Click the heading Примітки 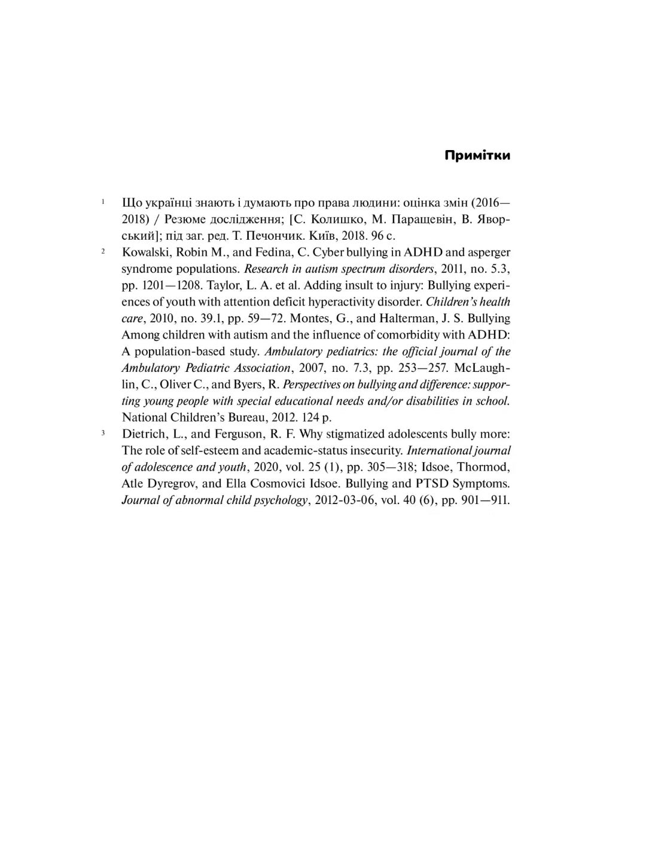[477, 155]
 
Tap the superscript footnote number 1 [103, 201]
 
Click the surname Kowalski [145, 252]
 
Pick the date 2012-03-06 [343, 500]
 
